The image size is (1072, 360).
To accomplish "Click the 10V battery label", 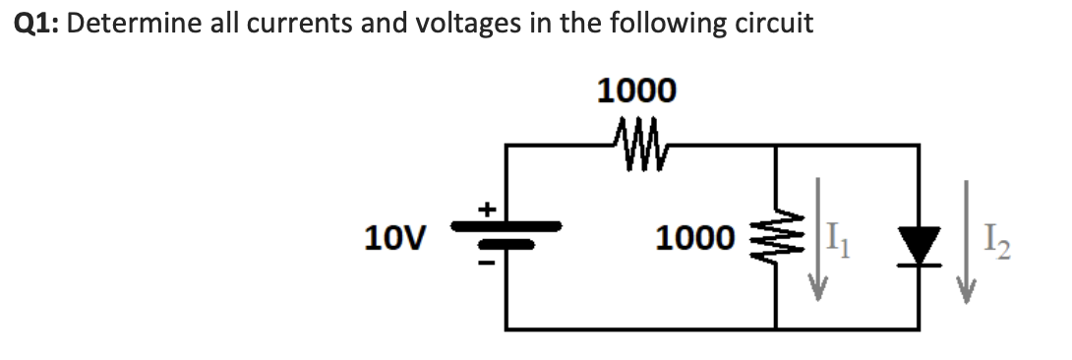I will pyautogui.click(x=394, y=238).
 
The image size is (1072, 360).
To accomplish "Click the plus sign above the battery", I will pyautogui.click(x=485, y=209).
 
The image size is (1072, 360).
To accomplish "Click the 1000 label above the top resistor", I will pyautogui.click(x=636, y=91).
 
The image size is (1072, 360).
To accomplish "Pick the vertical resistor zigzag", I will pyautogui.click(x=776, y=237).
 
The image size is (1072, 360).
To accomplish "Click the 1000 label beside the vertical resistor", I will pyautogui.click(x=695, y=238).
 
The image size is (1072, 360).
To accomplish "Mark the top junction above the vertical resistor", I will pyautogui.click(x=776, y=146).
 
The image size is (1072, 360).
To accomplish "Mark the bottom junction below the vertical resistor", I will pyautogui.click(x=776, y=328).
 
